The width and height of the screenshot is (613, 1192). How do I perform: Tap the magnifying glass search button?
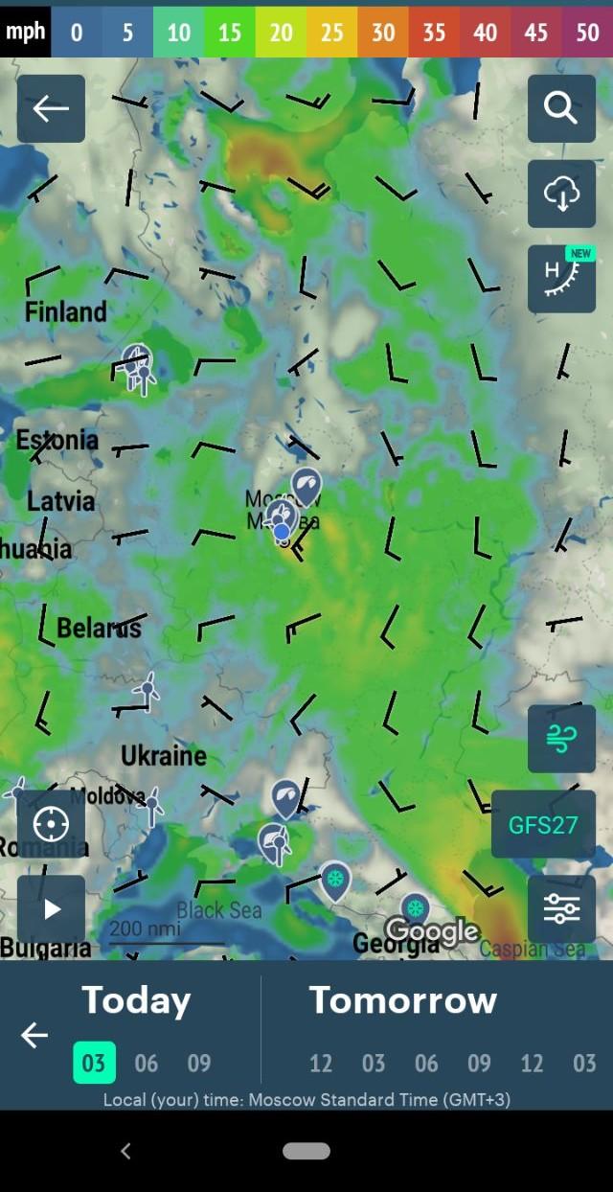(x=561, y=108)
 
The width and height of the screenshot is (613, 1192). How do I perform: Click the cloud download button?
(x=561, y=194)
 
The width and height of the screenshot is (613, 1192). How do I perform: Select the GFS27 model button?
(x=543, y=824)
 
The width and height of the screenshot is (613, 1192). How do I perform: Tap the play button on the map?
(x=52, y=909)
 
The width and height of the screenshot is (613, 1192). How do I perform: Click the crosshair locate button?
(x=52, y=824)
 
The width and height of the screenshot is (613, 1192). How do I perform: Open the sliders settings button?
(x=561, y=909)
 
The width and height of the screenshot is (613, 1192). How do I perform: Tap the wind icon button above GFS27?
(x=561, y=739)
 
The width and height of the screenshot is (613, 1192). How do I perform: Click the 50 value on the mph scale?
(x=587, y=33)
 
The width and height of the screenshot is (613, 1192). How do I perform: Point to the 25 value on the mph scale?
(x=331, y=33)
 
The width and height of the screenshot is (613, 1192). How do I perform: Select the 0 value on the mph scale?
(x=77, y=33)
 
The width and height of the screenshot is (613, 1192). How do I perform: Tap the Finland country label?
(x=65, y=311)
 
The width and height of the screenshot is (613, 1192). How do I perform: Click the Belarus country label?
(x=99, y=629)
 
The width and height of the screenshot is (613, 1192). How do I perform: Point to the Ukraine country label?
(x=164, y=756)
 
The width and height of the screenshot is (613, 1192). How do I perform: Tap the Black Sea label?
(x=219, y=909)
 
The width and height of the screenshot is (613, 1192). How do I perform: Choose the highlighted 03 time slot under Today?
(x=94, y=1063)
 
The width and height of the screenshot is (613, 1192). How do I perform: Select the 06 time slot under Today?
(x=147, y=1063)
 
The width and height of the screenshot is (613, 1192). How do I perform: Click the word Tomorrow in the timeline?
(x=402, y=1000)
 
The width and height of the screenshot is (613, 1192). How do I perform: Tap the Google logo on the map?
(x=431, y=929)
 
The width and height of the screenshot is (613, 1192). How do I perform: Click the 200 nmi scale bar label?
(x=144, y=928)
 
